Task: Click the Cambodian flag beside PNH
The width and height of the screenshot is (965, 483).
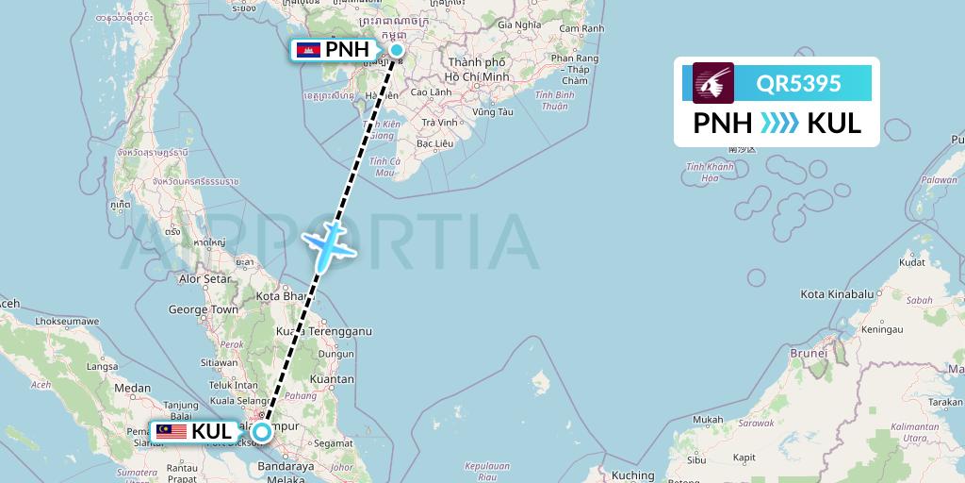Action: [308, 50]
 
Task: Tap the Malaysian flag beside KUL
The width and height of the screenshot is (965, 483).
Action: [172, 432]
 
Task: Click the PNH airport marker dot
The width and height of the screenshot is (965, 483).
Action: [397, 50]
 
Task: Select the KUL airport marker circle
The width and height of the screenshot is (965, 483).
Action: [262, 432]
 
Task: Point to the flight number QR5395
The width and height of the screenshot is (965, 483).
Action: [798, 84]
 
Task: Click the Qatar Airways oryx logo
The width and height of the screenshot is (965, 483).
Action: [713, 83]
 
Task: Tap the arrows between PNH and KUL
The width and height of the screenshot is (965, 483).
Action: [779, 123]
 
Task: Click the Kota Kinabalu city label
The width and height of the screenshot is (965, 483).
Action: [837, 295]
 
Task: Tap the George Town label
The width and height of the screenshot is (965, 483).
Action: [203, 309]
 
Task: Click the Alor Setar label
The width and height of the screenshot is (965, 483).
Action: [204, 279]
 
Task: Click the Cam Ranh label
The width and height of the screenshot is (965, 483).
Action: [581, 28]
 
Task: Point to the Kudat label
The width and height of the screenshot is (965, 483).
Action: [912, 262]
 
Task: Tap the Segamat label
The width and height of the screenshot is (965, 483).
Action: [340, 442]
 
